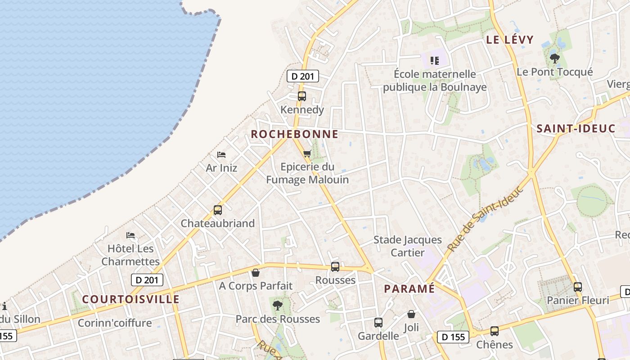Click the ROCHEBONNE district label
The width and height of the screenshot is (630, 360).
point(294,134)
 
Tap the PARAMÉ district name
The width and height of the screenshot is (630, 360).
point(409,288)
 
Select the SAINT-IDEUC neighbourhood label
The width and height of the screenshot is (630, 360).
point(576,129)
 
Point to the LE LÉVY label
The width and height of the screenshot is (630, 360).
point(509,40)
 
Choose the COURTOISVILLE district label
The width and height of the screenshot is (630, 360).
point(130,299)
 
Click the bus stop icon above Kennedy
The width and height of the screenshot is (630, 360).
point(301,96)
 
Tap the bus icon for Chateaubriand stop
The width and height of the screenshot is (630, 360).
point(218,210)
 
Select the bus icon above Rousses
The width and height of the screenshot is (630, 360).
point(335,266)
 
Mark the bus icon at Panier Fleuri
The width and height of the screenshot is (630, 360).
point(577,287)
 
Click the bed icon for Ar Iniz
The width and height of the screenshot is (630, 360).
point(221,155)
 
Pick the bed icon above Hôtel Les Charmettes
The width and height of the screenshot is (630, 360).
point(130,235)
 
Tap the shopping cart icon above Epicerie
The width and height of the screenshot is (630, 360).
point(307,154)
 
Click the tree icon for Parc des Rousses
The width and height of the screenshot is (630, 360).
point(278,306)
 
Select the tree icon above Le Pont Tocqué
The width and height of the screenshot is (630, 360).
point(554,58)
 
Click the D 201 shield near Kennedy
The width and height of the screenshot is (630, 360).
point(302,76)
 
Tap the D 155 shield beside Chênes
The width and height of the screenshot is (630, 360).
point(453,337)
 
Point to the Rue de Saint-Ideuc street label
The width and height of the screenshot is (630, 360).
point(486,218)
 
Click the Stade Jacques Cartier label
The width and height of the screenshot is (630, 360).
point(408,246)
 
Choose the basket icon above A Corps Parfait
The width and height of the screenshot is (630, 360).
point(256,273)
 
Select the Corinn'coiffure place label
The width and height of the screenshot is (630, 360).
point(115,323)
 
